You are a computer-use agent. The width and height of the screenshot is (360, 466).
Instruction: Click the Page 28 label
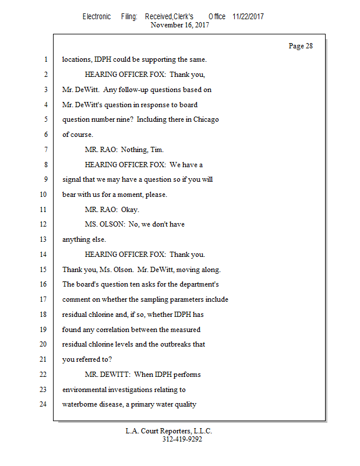click(301, 46)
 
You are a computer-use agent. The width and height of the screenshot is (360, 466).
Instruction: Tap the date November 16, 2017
click(180, 24)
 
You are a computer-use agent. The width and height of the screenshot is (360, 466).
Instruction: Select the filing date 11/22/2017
click(248, 16)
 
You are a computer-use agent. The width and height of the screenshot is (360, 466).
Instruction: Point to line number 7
click(45, 150)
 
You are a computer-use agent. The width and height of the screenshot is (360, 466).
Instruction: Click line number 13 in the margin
click(44, 239)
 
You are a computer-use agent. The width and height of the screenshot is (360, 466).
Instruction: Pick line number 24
click(44, 404)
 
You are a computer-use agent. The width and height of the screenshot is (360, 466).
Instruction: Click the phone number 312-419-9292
click(182, 439)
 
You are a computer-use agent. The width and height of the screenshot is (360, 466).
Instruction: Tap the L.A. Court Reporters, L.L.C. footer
click(169, 431)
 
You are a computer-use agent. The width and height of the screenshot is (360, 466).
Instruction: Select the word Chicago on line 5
click(206, 119)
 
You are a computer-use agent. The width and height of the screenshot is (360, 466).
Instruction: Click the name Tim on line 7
click(156, 150)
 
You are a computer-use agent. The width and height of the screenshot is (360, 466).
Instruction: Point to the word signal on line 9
click(72, 179)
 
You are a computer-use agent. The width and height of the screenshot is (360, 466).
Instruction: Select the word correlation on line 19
click(112, 329)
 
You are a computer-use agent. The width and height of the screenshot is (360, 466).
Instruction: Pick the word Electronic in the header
click(96, 16)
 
